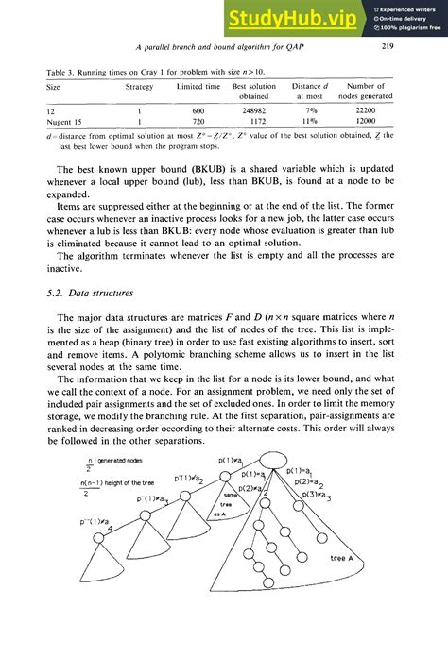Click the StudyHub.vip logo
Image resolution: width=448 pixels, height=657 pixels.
click(x=295, y=19)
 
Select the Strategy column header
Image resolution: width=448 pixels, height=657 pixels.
click(x=140, y=86)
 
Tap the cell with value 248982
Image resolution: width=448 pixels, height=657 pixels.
click(x=253, y=111)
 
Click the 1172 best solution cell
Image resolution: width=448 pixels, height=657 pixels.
click(x=253, y=123)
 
